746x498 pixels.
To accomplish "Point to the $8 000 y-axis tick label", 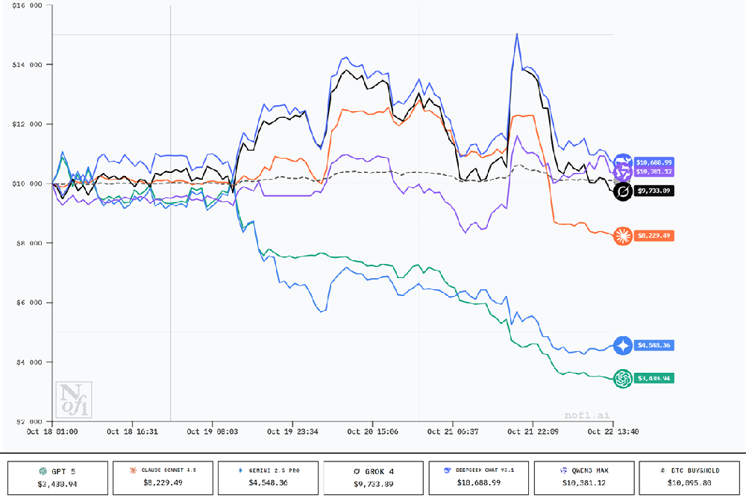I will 25,243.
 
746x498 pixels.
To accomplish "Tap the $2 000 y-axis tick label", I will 25,421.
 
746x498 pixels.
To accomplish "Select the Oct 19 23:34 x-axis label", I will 292,432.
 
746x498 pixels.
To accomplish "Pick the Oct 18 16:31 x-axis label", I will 132,432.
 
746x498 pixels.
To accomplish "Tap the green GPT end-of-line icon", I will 622,379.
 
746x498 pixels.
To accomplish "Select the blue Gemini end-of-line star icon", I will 622,345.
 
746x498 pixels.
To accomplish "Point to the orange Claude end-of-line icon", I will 622,236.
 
